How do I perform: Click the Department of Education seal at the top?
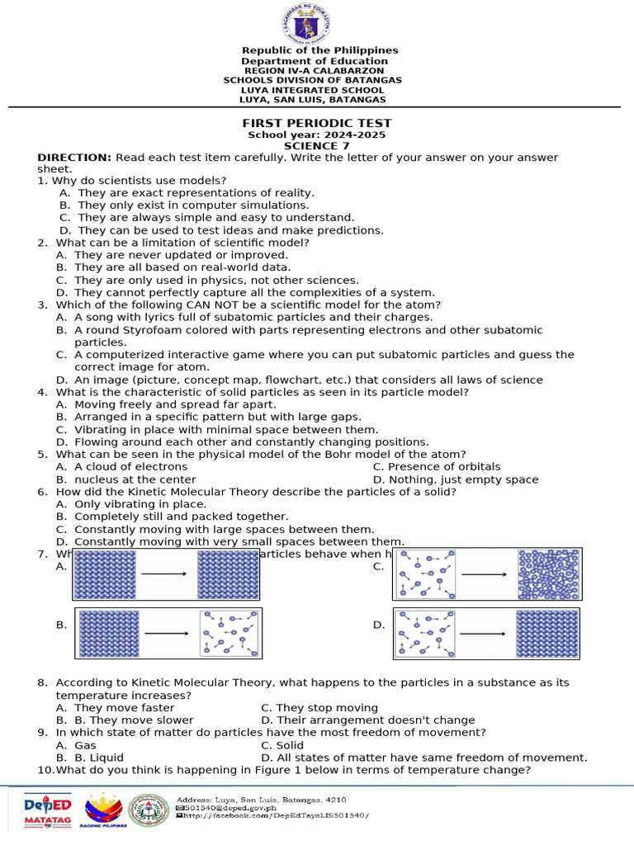312,22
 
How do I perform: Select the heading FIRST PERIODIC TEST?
316,124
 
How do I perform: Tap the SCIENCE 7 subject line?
316,146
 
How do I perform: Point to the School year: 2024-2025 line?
316,135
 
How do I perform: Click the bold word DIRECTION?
74,158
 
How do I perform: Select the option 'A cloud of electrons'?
130,467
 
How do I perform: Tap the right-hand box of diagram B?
230,633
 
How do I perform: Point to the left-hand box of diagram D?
425,633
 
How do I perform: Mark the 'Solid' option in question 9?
290,745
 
